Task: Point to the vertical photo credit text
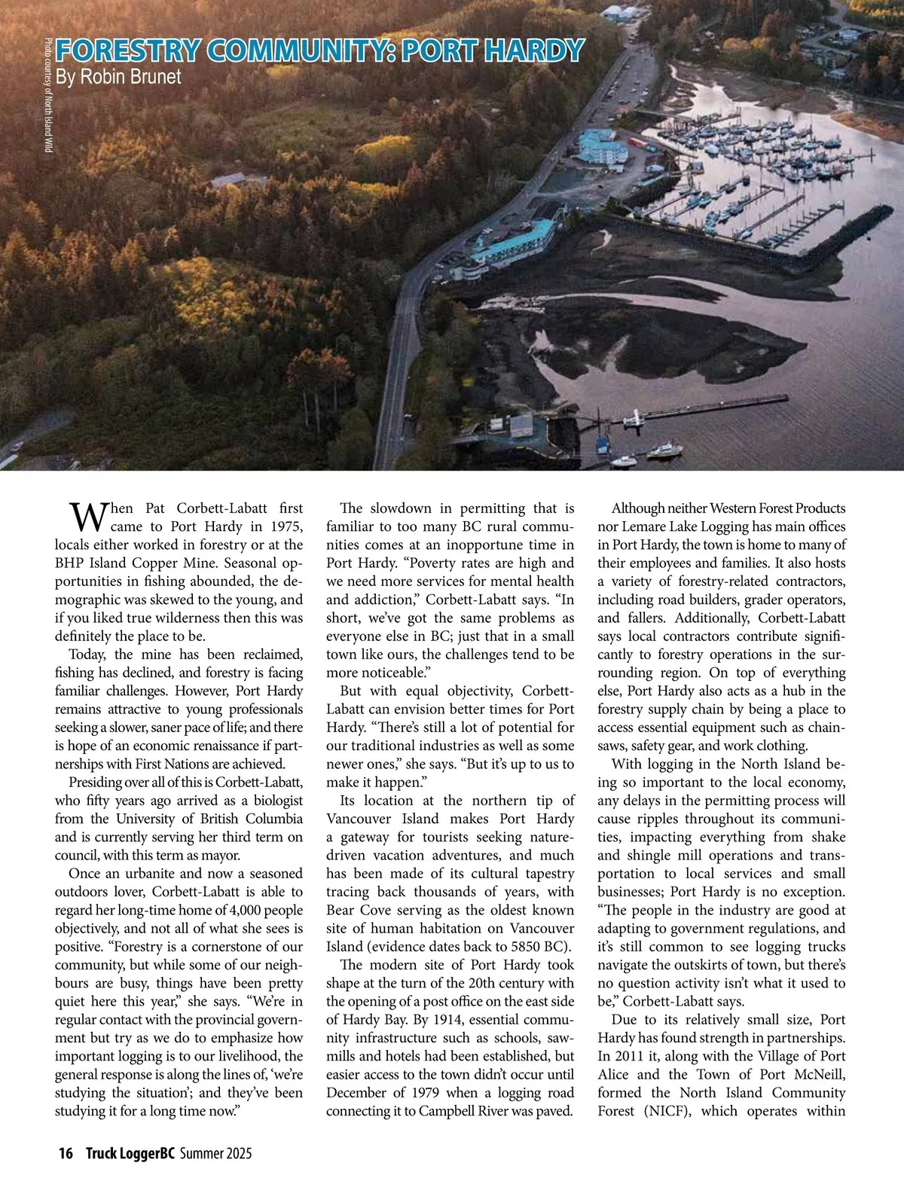point(47,95)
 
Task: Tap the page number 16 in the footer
point(66,1154)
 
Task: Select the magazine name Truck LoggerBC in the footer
point(130,1154)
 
